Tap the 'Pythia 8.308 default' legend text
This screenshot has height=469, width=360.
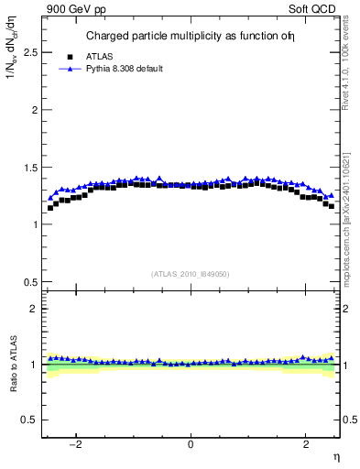124,69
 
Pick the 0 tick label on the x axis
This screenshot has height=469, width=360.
191,444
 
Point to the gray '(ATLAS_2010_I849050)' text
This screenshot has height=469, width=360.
191,273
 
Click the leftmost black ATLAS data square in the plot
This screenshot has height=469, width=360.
50,208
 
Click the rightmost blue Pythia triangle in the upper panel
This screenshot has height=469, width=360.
331,199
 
